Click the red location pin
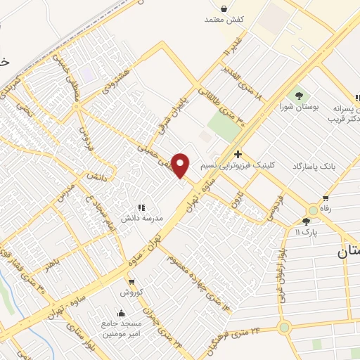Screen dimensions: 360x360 tap(181, 165)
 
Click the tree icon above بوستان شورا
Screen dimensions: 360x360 tap(300, 95)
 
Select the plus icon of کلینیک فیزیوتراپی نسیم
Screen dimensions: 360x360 tap(238, 154)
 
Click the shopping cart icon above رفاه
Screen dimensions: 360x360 tap(325, 198)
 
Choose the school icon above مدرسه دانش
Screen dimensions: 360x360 tap(141, 207)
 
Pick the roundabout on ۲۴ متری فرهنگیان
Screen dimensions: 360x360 tap(284, 327)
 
